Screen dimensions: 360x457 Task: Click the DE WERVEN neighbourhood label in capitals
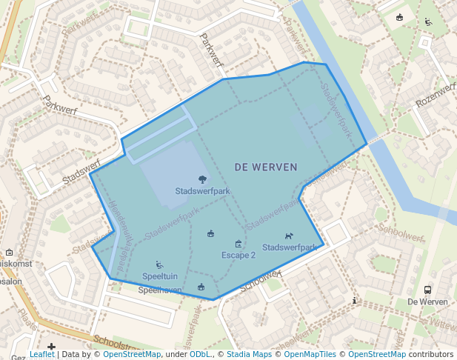pyautogui.click(x=266, y=167)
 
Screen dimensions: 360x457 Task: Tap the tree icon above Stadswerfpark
pyautogui.click(x=202, y=179)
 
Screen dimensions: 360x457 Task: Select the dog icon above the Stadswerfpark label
pyautogui.click(x=289, y=236)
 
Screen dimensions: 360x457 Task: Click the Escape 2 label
pyautogui.click(x=238, y=255)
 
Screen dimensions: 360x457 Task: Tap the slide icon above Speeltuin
pyautogui.click(x=159, y=264)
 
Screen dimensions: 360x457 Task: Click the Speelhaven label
pyautogui.click(x=160, y=290)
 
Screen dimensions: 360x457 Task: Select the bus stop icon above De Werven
pyautogui.click(x=427, y=290)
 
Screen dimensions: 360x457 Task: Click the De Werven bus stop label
pyautogui.click(x=428, y=302)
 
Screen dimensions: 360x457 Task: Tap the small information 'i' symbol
pyautogui.click(x=356, y=300)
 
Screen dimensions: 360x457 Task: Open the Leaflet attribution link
pyautogui.click(x=41, y=354)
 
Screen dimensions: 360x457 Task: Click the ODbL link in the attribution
pyautogui.click(x=200, y=354)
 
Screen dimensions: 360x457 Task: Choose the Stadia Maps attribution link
pyautogui.click(x=249, y=354)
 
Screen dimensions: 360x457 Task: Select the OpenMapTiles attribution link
pyautogui.click(x=311, y=354)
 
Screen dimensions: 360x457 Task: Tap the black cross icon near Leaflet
pyautogui.click(x=51, y=347)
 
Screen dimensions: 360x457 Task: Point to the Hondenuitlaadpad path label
pyautogui.click(x=119, y=222)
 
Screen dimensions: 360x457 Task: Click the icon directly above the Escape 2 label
pyautogui.click(x=238, y=244)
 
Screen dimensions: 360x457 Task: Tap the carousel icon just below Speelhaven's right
pyautogui.click(x=201, y=287)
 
